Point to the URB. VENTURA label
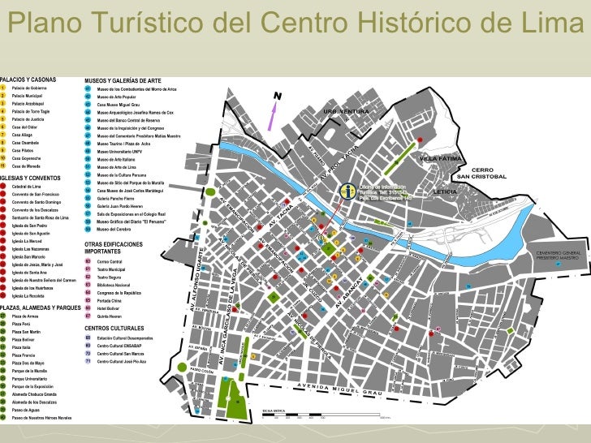coord(347,111)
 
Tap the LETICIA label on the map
coord(446,191)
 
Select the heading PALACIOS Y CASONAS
coord(29,80)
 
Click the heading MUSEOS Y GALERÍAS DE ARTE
coord(123,80)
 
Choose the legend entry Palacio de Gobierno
coord(32,87)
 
